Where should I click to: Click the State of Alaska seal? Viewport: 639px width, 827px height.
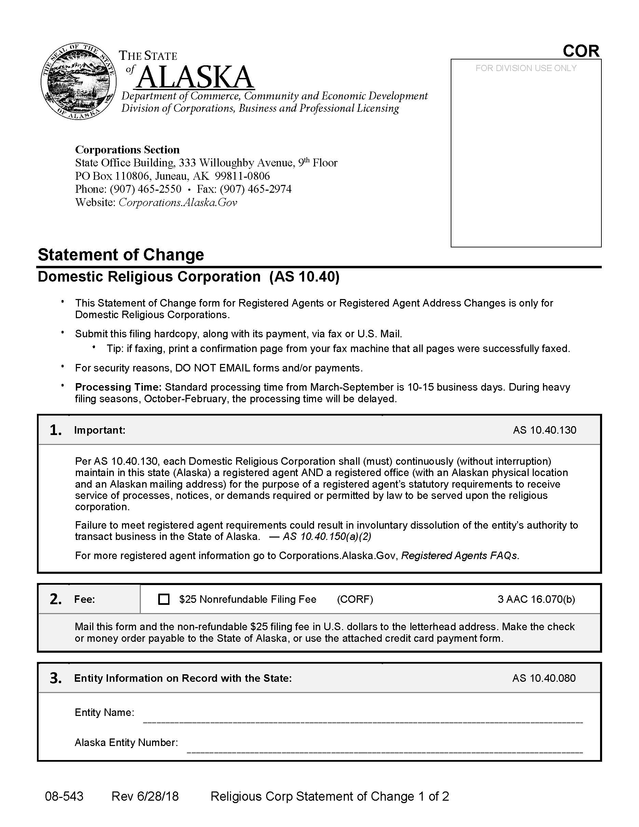[x=78, y=81]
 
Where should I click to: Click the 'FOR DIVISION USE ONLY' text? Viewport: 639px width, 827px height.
[x=526, y=68]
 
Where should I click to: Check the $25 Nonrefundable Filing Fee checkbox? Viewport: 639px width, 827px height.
[x=164, y=599]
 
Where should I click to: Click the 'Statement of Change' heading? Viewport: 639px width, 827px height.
[x=121, y=255]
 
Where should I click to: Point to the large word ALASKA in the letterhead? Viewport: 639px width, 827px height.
[x=195, y=77]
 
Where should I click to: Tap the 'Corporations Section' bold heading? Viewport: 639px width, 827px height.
[x=127, y=150]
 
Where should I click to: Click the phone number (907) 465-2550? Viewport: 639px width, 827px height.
[x=145, y=189]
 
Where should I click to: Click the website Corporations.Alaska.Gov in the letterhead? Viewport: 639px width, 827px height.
[x=178, y=202]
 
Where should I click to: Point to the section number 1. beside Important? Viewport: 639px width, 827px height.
[x=56, y=430]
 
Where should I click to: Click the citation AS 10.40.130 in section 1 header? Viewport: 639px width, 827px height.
[x=544, y=430]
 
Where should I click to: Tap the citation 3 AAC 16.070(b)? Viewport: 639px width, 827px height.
[x=536, y=599]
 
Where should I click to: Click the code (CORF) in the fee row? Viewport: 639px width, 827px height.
[x=355, y=599]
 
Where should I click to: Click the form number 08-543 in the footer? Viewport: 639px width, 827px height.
[x=64, y=796]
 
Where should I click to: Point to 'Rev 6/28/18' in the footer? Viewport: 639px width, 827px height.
[x=145, y=796]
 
